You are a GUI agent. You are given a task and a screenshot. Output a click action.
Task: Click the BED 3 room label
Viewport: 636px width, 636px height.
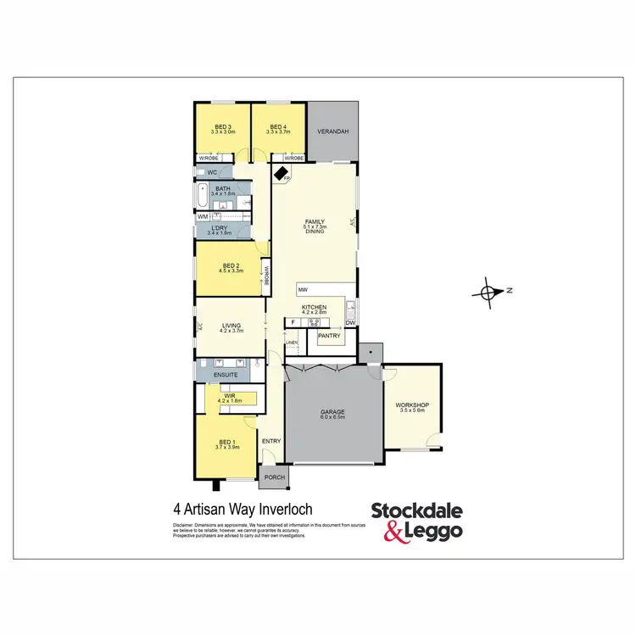pyautogui.click(x=223, y=126)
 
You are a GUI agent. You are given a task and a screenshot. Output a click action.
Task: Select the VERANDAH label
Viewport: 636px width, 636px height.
pyautogui.click(x=332, y=132)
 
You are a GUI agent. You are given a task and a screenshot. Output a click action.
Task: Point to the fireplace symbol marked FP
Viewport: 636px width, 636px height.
pyautogui.click(x=281, y=173)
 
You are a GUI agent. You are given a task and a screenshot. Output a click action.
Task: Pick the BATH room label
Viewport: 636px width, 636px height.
pyautogui.click(x=222, y=188)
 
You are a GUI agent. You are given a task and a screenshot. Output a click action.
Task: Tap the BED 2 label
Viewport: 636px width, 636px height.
pyautogui.click(x=231, y=265)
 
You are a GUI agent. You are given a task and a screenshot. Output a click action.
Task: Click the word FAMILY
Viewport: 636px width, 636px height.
pyautogui.click(x=315, y=222)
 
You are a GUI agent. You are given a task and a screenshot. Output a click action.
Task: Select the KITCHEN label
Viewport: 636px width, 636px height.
pyautogui.click(x=315, y=307)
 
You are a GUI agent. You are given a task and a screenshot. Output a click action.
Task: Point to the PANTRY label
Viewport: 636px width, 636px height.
pyautogui.click(x=329, y=336)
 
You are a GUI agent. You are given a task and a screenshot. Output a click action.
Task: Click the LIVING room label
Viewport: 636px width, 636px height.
pyautogui.click(x=231, y=325)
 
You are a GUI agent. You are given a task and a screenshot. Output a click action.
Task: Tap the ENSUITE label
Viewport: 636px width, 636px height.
pyautogui.click(x=226, y=374)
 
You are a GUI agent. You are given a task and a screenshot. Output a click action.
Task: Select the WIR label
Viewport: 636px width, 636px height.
pyautogui.click(x=229, y=395)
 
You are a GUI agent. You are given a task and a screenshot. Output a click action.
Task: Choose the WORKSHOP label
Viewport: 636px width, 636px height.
pyautogui.click(x=412, y=405)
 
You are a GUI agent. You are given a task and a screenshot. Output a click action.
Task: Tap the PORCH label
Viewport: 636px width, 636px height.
pyautogui.click(x=275, y=477)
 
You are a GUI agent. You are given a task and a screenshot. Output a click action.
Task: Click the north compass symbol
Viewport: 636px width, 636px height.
pyautogui.click(x=487, y=292)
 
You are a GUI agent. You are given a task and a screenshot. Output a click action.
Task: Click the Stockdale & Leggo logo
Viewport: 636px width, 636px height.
pyautogui.click(x=416, y=520)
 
